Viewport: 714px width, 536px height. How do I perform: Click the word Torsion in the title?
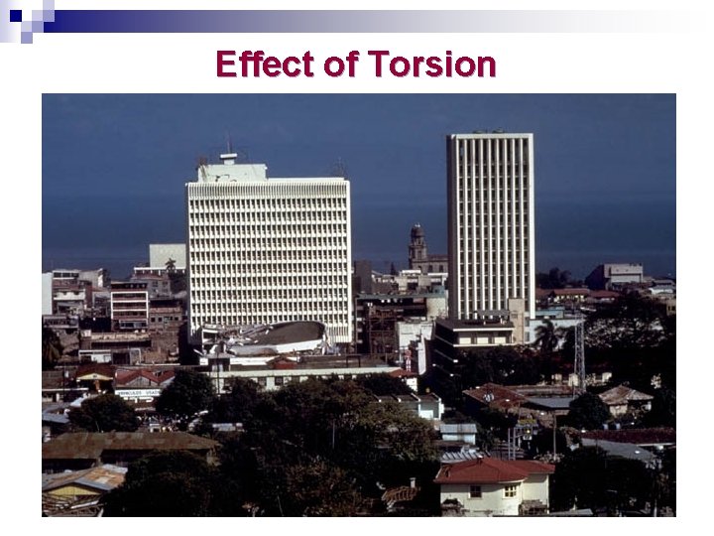431,65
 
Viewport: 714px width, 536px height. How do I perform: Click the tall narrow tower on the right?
490,223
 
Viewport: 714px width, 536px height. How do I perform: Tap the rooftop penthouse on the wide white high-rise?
232,170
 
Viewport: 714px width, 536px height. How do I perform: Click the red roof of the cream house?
493,469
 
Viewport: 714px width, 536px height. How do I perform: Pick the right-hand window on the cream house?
510,490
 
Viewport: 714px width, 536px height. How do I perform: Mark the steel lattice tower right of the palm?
579,352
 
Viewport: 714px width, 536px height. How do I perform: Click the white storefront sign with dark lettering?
138,394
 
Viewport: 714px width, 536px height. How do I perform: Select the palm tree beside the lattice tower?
546,335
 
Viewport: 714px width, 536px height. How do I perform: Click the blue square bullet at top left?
15,15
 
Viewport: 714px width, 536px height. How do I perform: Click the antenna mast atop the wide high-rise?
228,147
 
